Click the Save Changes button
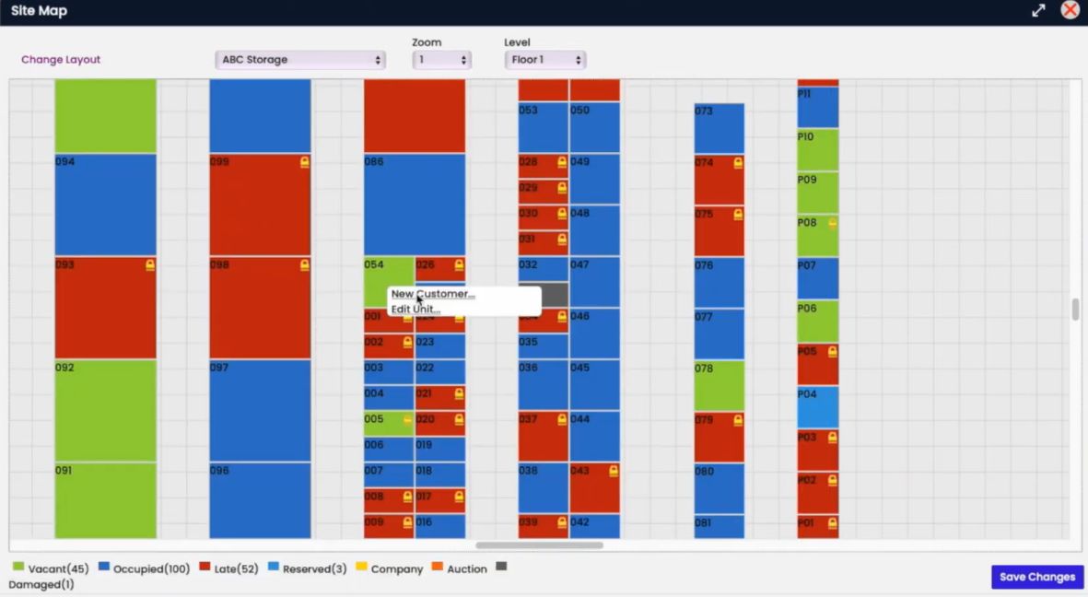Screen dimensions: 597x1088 (1036, 577)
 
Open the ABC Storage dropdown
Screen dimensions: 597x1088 (300, 60)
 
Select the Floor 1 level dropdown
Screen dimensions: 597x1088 (545, 60)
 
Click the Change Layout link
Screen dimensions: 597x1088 (61, 60)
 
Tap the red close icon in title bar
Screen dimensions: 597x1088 (1070, 10)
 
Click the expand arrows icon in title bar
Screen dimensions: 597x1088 (1038, 10)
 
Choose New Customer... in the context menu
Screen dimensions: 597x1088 (433, 294)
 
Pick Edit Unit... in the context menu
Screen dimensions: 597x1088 (416, 310)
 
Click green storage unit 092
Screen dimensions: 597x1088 (105, 410)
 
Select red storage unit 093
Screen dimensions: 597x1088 (105, 308)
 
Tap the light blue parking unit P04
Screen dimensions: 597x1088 (817, 407)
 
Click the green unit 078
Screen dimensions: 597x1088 (719, 385)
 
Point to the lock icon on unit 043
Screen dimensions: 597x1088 (614, 471)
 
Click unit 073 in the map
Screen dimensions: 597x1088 (719, 128)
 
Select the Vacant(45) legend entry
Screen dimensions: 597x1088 (50, 568)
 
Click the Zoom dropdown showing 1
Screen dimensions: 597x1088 (441, 60)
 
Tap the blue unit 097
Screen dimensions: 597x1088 (260, 410)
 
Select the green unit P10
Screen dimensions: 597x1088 (817, 149)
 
